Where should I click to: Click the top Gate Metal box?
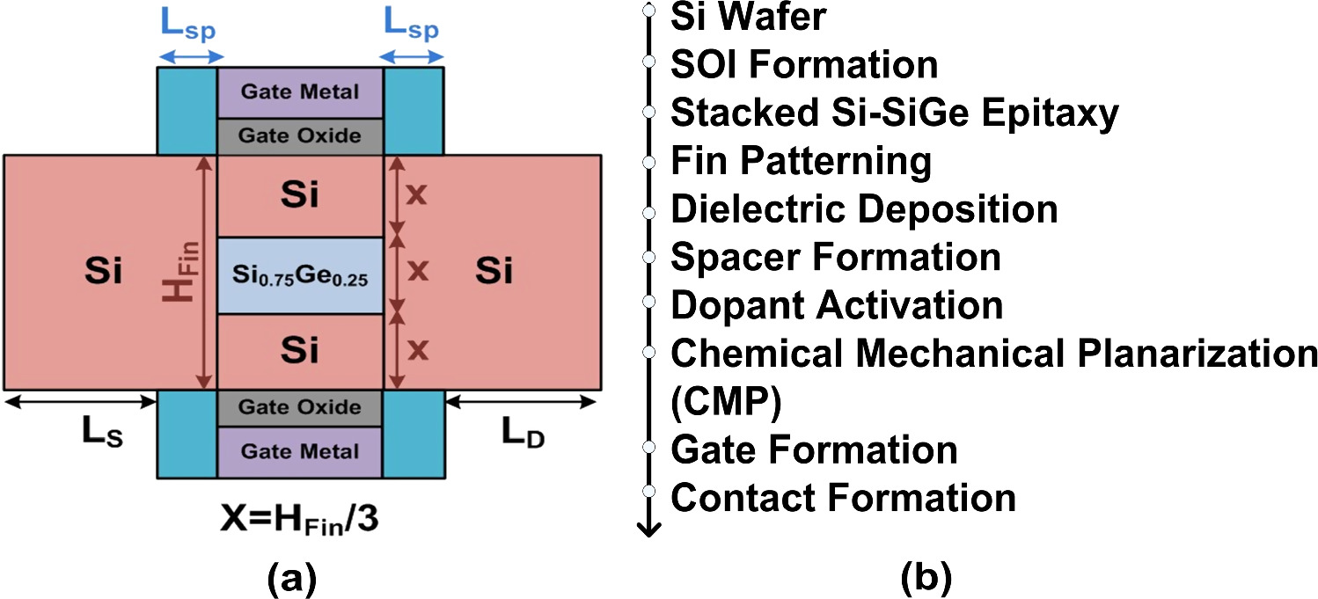(300, 92)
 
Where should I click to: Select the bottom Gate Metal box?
(300, 451)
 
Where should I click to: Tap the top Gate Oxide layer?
(300, 136)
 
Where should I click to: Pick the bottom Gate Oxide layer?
(300, 407)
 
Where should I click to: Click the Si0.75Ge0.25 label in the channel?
(300, 276)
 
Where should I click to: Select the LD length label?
(523, 434)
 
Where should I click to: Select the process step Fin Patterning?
(801, 162)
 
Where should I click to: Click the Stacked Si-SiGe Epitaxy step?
(894, 113)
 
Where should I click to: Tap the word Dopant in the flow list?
(737, 306)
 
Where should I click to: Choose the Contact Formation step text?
(843, 498)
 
